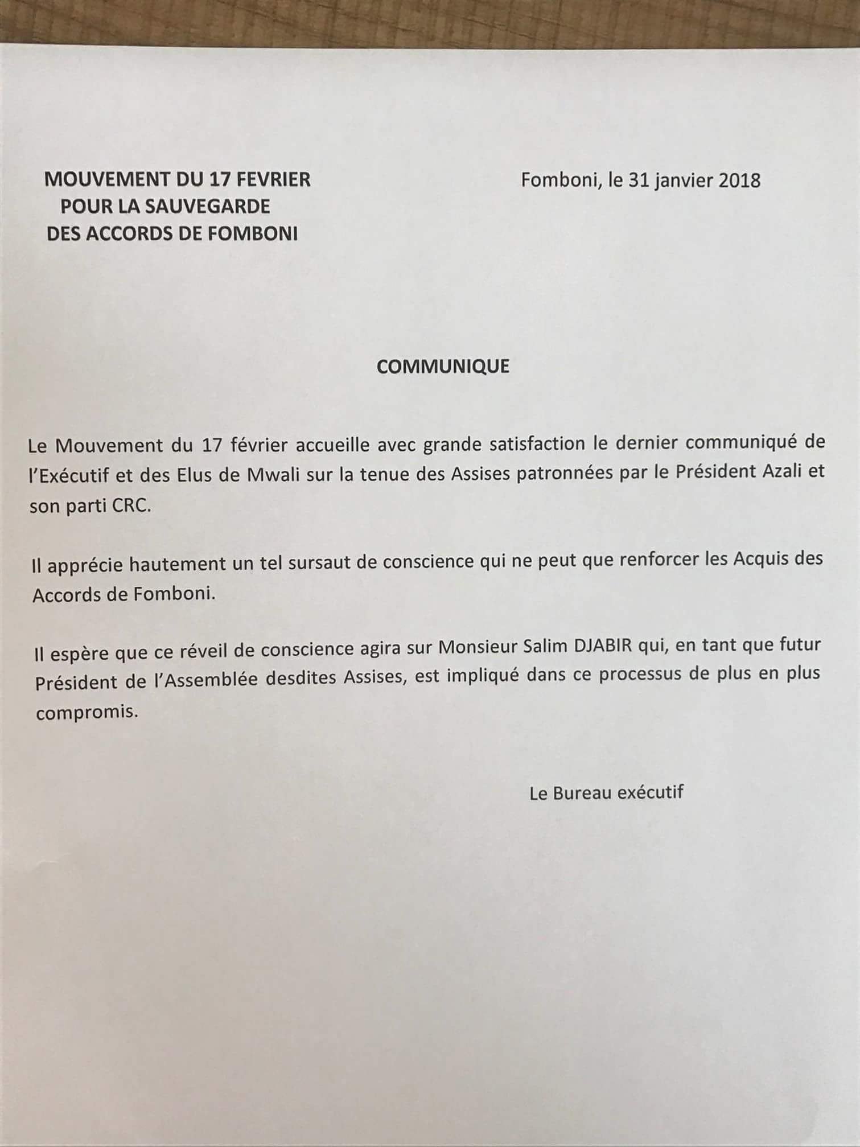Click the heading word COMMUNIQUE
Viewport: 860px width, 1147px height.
(443, 366)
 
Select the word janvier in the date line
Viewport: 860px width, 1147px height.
(678, 181)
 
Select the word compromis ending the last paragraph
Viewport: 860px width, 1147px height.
(87, 713)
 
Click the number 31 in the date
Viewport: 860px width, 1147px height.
(639, 180)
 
